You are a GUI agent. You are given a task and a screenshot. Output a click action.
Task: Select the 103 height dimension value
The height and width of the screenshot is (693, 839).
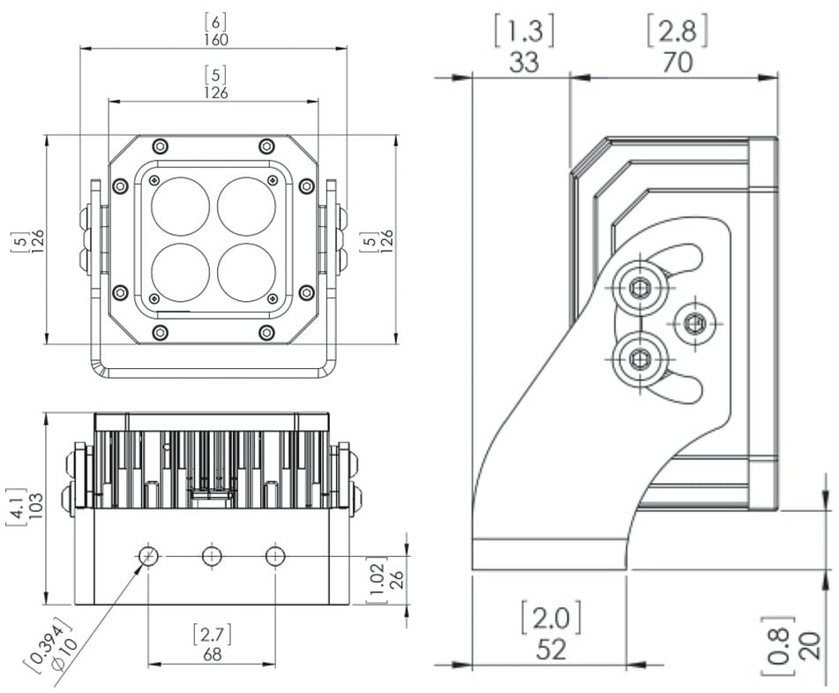tap(36, 504)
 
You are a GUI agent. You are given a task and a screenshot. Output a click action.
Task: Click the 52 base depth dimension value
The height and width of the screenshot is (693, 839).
tap(551, 649)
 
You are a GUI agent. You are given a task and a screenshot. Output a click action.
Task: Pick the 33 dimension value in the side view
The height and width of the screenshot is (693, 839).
tap(523, 62)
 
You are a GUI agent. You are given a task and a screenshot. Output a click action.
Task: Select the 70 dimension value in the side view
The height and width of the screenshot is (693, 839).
tap(678, 62)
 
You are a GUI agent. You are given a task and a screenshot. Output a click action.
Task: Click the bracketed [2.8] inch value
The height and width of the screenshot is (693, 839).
tap(678, 32)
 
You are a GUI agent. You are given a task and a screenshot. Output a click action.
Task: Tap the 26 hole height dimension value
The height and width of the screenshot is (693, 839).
tap(396, 580)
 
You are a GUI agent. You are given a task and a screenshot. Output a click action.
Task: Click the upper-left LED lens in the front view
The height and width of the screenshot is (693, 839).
tap(180, 206)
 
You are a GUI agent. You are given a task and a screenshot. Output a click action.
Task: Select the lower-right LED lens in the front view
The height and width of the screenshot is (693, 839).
tap(247, 272)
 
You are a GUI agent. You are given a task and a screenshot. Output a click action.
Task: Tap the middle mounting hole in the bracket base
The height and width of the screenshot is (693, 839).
tap(212, 556)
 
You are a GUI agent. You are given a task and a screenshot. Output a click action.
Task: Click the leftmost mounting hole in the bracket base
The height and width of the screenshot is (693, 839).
tap(148, 556)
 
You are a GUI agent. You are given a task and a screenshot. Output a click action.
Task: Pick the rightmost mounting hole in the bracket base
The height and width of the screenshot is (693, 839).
tap(275, 556)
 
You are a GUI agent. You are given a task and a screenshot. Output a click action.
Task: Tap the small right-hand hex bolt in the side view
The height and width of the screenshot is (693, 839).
tap(694, 324)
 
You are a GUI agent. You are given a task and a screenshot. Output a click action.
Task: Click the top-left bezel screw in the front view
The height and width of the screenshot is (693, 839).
tap(160, 146)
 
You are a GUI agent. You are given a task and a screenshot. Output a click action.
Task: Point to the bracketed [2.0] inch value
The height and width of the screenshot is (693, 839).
tap(551, 616)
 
